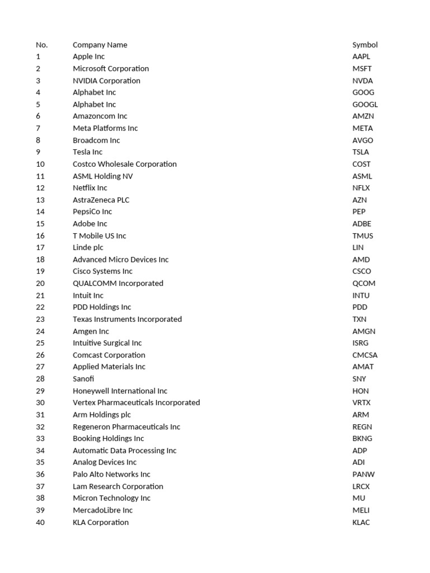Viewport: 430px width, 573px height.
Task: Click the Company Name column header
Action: [x=100, y=45]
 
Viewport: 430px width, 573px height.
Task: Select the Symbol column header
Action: [x=364, y=45]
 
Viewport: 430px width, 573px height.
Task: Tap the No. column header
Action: [x=42, y=45]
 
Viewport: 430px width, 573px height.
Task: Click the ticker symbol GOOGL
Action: [x=364, y=105]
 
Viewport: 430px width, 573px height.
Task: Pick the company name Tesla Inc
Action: [x=87, y=152]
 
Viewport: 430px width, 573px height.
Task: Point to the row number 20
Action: [x=40, y=284]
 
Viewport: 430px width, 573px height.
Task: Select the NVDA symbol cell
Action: [x=362, y=81]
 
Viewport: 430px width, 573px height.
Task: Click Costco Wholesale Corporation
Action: [x=124, y=164]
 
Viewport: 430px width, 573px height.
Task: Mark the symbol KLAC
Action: [x=361, y=523]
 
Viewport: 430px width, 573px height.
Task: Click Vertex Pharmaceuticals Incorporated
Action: [x=136, y=403]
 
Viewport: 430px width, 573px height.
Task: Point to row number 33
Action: [x=40, y=439]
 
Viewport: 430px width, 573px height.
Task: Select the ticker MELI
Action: [x=361, y=510]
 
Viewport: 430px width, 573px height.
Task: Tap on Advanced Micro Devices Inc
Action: [x=120, y=260]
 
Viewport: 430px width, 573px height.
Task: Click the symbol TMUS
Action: [x=362, y=236]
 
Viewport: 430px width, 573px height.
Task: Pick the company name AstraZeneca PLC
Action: [x=101, y=200]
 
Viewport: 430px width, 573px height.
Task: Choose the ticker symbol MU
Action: [x=358, y=498]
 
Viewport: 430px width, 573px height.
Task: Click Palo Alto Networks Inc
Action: [x=111, y=475]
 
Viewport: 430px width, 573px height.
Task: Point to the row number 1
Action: [x=38, y=57]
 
